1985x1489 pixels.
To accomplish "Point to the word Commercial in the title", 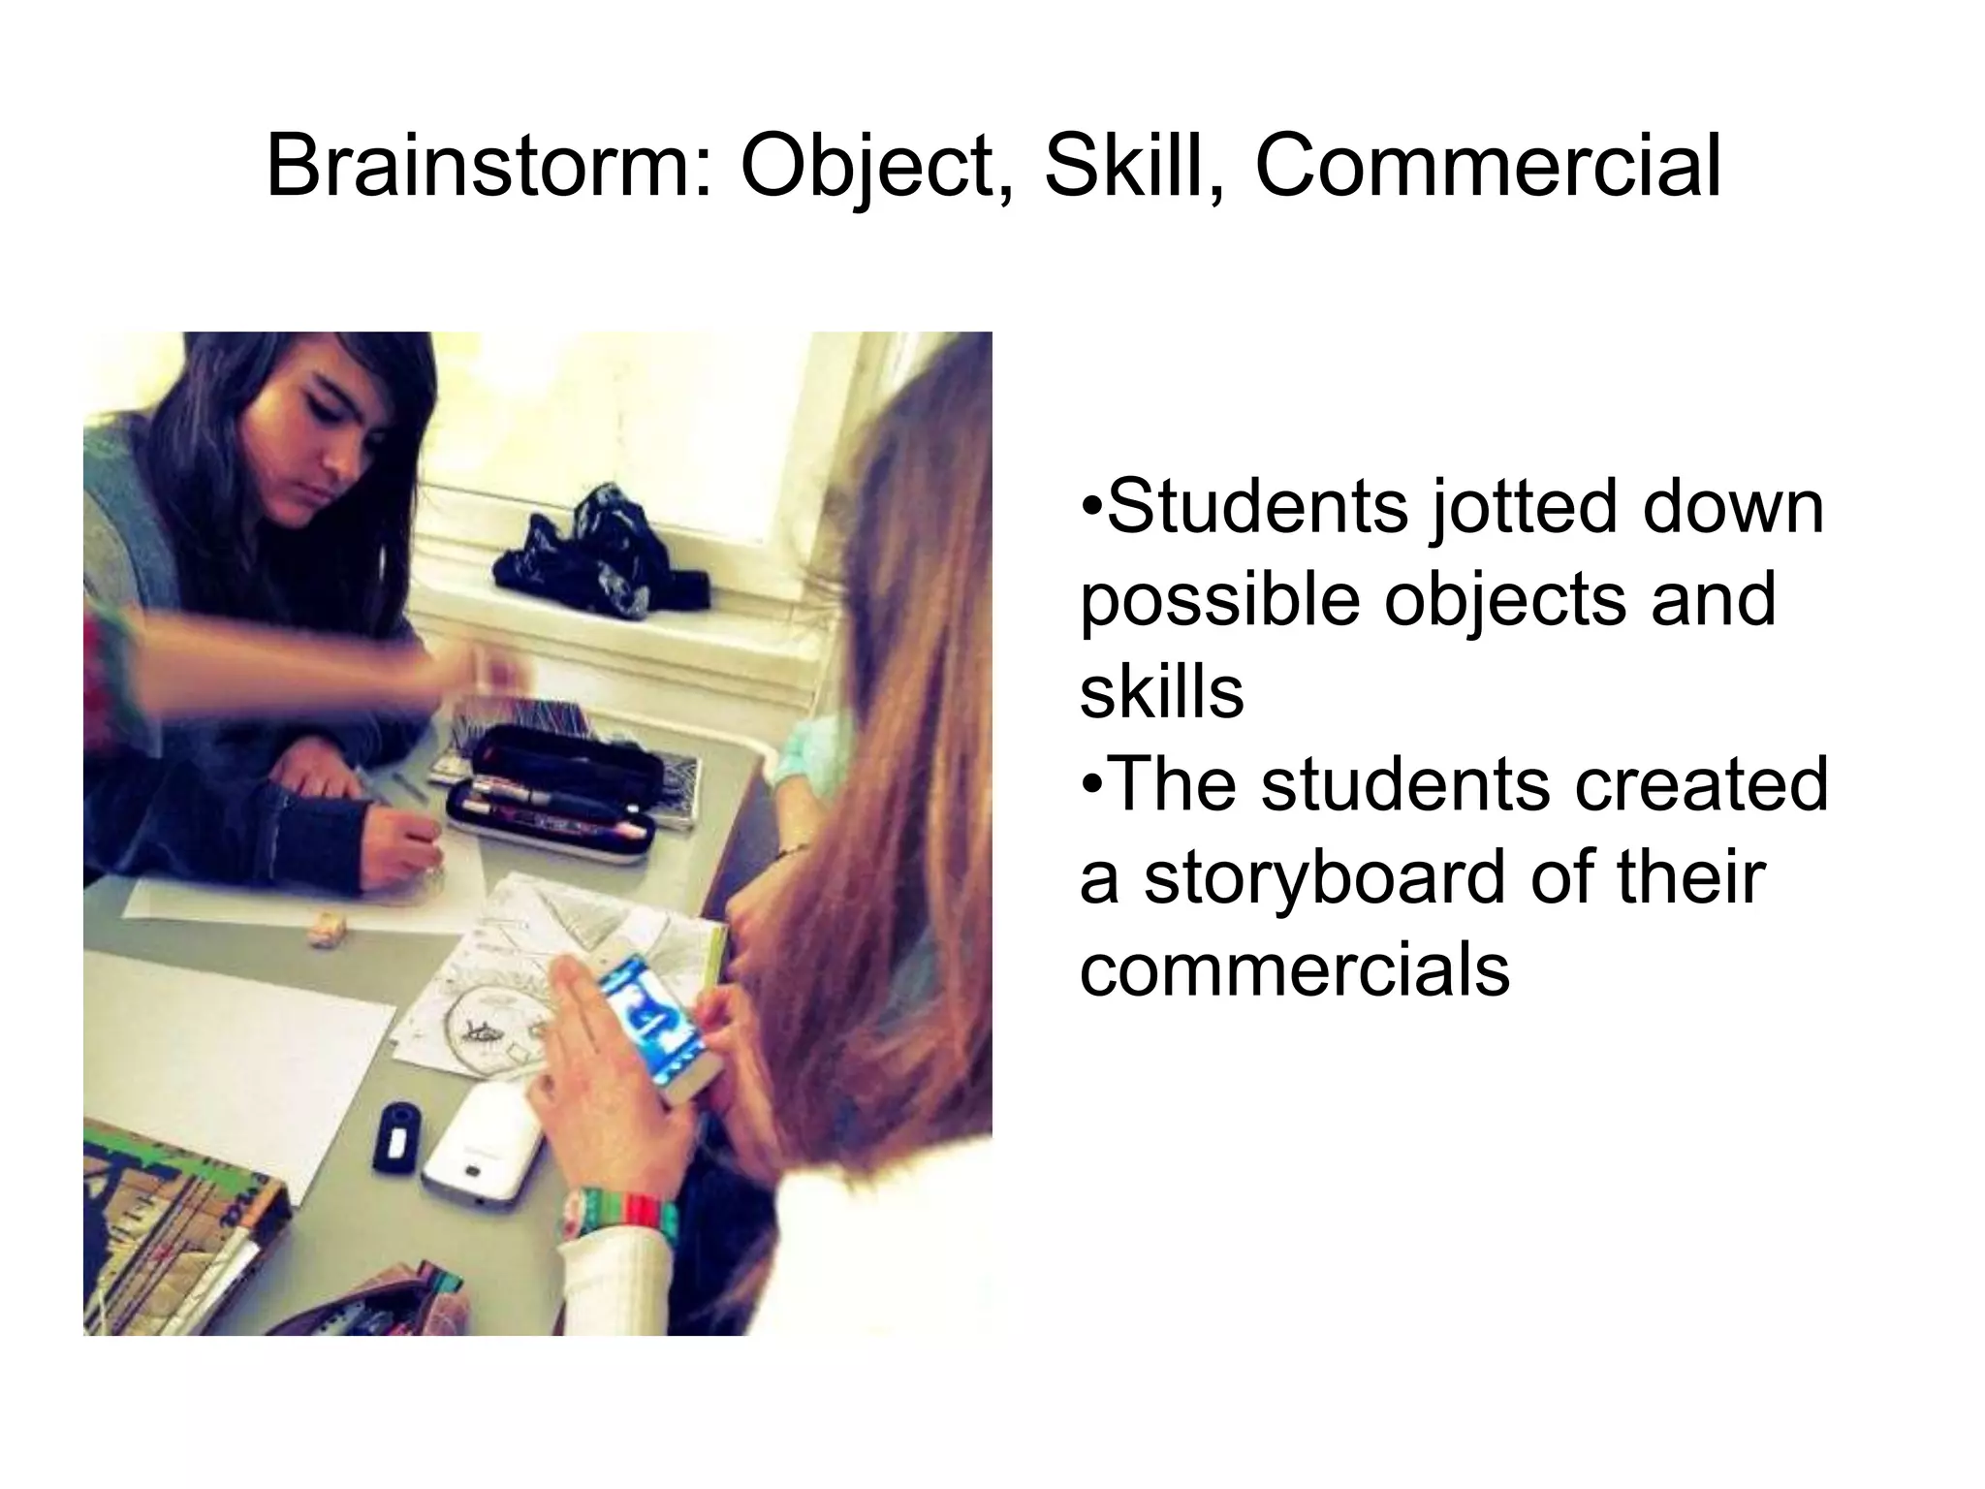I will [1488, 167].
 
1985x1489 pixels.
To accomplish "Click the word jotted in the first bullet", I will [1511, 509].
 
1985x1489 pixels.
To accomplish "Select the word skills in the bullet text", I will [1161, 692].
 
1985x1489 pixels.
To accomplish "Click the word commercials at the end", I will [1294, 968].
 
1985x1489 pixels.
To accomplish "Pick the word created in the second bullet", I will [1702, 784].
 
